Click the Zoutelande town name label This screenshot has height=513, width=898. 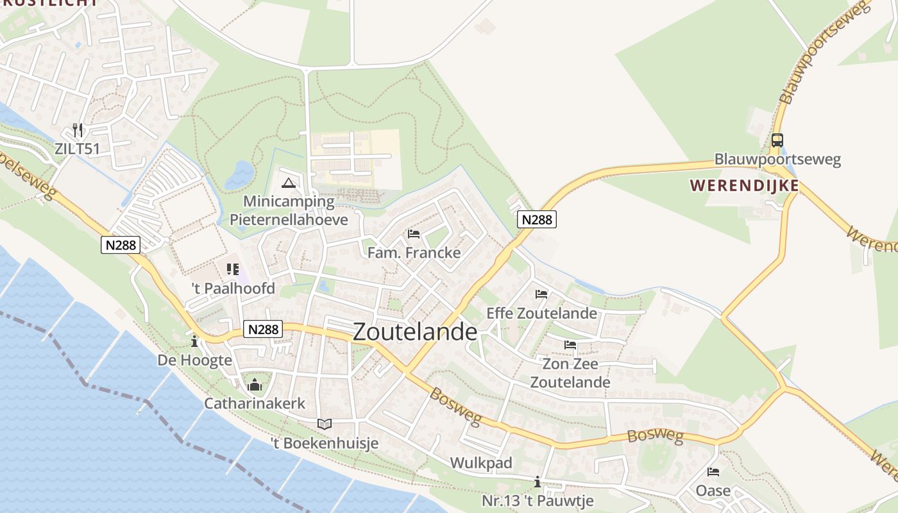(x=415, y=332)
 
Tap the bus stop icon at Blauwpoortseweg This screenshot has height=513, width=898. (x=777, y=140)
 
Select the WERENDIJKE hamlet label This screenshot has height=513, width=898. (x=744, y=186)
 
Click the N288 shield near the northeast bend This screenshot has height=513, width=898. (x=536, y=219)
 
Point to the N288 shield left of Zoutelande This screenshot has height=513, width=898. (x=264, y=329)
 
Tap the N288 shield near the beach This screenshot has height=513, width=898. (x=120, y=244)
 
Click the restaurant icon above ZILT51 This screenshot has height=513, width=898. (x=78, y=130)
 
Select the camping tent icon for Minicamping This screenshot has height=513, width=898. (x=289, y=183)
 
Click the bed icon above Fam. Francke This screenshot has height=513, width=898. (x=414, y=234)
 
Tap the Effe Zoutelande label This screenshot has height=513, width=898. (x=541, y=314)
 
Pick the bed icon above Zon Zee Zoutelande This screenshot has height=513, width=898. (x=570, y=345)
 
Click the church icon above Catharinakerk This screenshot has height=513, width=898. (x=255, y=385)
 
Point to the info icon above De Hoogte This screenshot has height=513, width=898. (x=194, y=341)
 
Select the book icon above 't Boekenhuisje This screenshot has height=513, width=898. (x=325, y=424)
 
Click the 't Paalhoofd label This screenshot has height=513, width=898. (x=233, y=289)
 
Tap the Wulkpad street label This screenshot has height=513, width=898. (x=481, y=463)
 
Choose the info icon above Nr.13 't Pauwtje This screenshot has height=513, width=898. (x=538, y=482)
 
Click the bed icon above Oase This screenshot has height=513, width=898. (x=713, y=472)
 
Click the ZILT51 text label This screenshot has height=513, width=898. (x=77, y=149)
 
